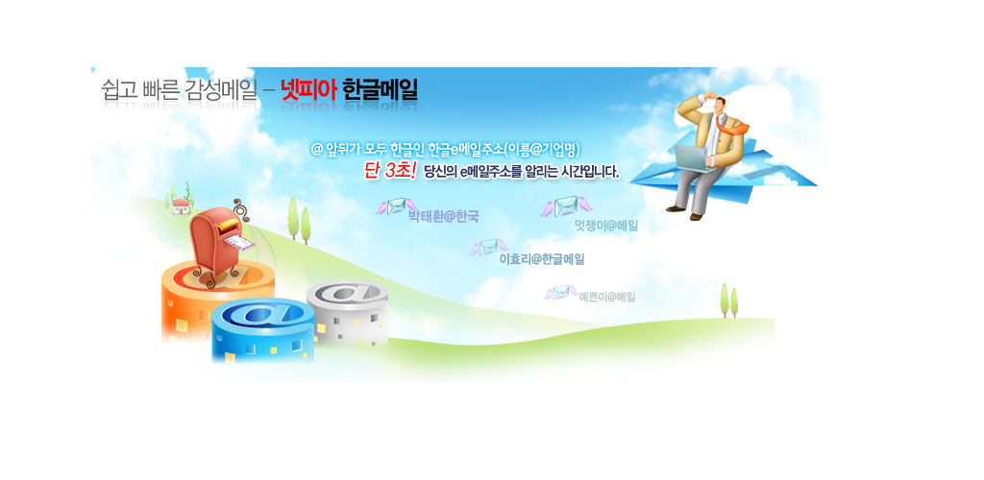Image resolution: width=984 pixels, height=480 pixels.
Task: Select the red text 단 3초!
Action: [390, 171]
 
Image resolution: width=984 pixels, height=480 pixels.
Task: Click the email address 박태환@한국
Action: [443, 218]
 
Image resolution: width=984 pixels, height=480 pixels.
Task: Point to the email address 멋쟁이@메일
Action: [606, 226]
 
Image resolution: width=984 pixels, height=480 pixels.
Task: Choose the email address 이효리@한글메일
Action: [542, 259]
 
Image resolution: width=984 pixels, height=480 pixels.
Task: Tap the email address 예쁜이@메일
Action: [607, 297]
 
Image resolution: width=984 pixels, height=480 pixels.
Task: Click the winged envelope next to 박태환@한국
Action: [396, 206]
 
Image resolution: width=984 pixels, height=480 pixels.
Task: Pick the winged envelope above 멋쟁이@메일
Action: [566, 206]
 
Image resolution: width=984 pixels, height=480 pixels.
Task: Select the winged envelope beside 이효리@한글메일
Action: [488, 248]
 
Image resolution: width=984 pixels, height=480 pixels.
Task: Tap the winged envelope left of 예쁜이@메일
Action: [560, 292]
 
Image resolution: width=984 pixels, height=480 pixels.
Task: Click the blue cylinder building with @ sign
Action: [262, 331]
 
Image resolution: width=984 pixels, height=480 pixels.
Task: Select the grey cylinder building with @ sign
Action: [347, 312]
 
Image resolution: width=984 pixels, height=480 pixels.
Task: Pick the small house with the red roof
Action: [181, 204]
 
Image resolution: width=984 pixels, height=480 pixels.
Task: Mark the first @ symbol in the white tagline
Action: [317, 150]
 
